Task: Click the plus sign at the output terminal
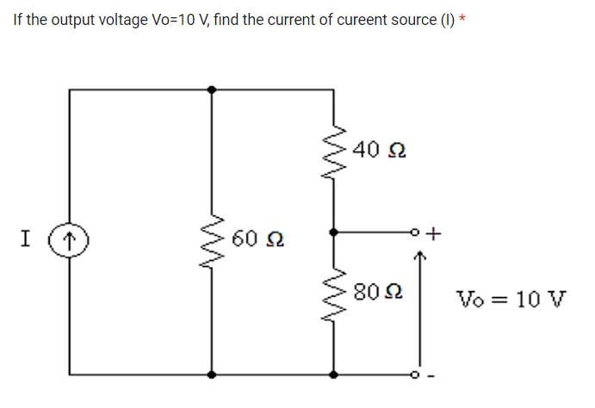pyautogui.click(x=434, y=232)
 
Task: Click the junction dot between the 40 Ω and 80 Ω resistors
pyautogui.click(x=335, y=232)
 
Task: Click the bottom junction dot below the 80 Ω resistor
pyautogui.click(x=335, y=374)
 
